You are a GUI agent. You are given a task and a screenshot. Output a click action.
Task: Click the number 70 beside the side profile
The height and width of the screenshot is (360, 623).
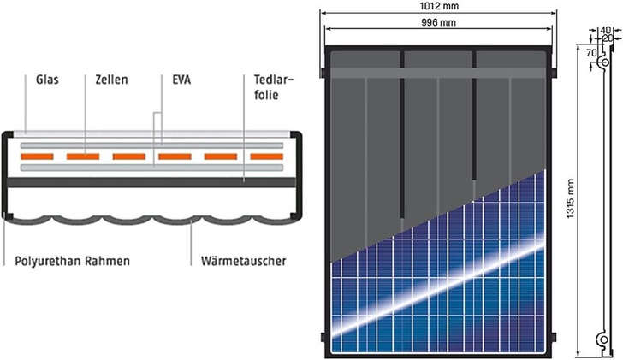[590, 52]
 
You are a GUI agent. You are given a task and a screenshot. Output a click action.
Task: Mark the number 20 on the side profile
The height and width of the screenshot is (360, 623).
[608, 39]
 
